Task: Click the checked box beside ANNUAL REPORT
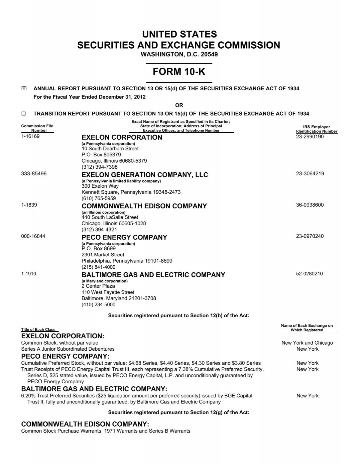point(24,89)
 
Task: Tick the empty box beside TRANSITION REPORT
point(24,114)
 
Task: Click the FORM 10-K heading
point(179,72)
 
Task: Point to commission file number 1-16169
point(30,136)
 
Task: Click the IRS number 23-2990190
point(310,137)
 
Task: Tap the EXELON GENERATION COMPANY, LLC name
point(145,175)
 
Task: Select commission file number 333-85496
point(34,174)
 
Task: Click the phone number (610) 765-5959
point(99,198)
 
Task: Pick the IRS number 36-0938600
point(310,205)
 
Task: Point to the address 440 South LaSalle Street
point(110,217)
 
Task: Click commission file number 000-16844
point(33,236)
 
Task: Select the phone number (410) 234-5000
point(98,304)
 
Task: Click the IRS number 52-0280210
point(309,274)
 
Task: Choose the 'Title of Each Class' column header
point(38,330)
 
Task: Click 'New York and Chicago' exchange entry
point(307,343)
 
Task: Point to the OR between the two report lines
point(179,105)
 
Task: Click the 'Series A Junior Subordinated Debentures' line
point(68,349)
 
